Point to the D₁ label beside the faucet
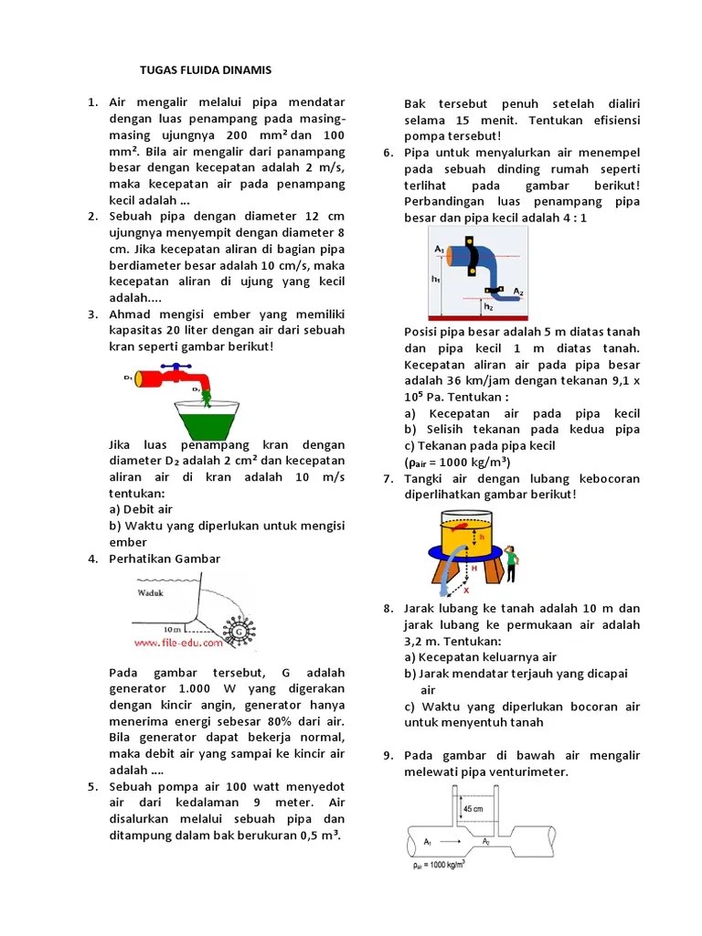click(x=128, y=377)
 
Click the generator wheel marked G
click(x=239, y=631)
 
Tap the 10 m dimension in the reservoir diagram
click(x=172, y=630)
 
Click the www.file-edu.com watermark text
click(x=180, y=643)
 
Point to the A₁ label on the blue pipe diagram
click(x=439, y=250)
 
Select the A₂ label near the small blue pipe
click(x=518, y=291)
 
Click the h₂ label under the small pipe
click(x=489, y=307)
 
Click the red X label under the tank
click(x=466, y=590)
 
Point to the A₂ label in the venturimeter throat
click(x=487, y=840)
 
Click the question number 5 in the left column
click(x=92, y=787)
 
